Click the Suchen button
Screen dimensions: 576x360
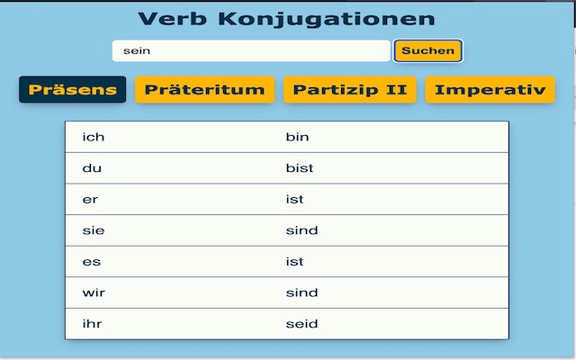point(428,50)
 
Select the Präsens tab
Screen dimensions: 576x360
point(72,90)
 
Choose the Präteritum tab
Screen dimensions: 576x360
point(204,90)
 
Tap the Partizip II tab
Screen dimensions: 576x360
point(350,90)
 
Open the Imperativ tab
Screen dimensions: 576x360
point(490,90)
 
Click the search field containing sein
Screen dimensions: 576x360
point(251,50)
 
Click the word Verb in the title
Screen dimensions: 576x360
point(172,19)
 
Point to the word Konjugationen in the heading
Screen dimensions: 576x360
point(327,20)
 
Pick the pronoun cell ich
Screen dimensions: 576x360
point(94,137)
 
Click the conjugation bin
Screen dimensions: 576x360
point(297,137)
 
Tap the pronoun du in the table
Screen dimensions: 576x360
point(92,168)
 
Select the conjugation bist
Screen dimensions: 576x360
point(300,168)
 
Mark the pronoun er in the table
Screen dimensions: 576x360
point(90,200)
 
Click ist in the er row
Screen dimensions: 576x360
point(294,199)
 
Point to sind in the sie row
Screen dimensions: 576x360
point(301,230)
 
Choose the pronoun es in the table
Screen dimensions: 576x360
point(92,262)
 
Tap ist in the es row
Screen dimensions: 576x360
point(294,262)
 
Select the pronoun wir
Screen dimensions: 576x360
point(94,292)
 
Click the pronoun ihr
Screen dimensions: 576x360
point(92,324)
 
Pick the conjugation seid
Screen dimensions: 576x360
point(301,324)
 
